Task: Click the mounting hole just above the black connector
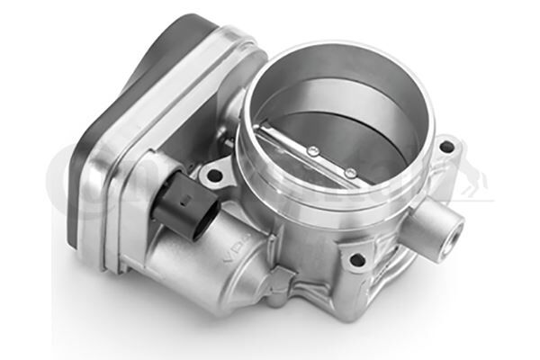click(213, 170)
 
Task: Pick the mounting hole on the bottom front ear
click(358, 260)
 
